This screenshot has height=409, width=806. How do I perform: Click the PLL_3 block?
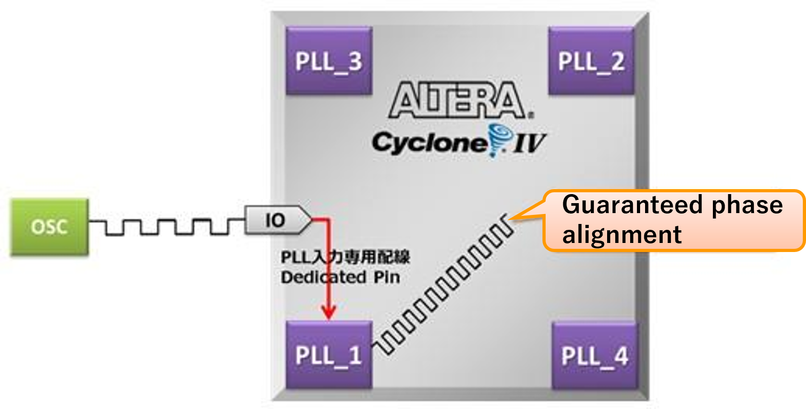[329, 61]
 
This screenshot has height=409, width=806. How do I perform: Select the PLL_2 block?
[591, 61]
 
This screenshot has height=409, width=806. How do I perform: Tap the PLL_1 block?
[329, 355]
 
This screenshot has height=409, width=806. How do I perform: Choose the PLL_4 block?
[594, 356]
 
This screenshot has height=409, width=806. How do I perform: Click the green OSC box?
[49, 227]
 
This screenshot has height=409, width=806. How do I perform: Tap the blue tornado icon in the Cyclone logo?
[500, 139]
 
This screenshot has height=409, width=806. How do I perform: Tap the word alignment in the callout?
[622, 235]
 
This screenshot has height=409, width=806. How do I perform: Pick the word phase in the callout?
[747, 205]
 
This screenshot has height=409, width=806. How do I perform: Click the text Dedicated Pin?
[340, 277]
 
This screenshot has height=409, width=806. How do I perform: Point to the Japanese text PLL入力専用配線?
[345, 257]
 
